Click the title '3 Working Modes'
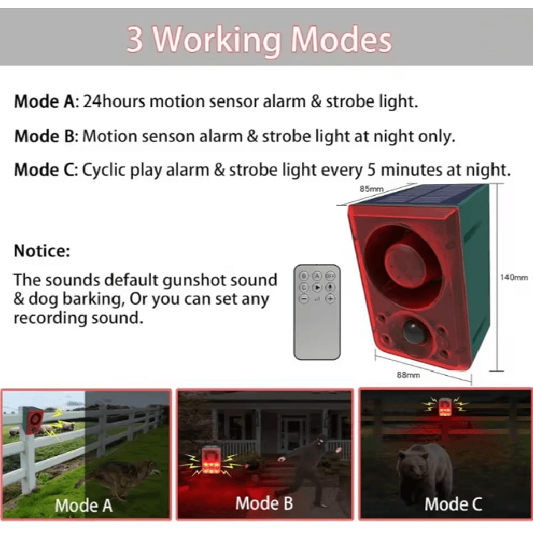259,39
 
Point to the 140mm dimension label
514,277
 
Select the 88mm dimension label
408,375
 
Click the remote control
317,311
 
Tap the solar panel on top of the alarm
417,196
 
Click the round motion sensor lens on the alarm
414,331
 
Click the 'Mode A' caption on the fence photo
84,505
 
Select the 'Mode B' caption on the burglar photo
264,503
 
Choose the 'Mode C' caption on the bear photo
453,504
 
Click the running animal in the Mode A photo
117,473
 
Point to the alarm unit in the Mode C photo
445,406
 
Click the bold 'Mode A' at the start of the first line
45,102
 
